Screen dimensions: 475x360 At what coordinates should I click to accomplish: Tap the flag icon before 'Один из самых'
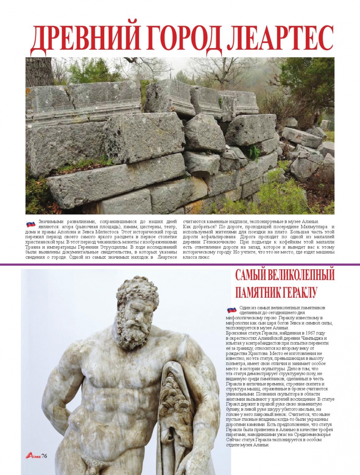click(x=232, y=309)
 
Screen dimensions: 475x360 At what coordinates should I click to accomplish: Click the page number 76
click(x=44, y=455)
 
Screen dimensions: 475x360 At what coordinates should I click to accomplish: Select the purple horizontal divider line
click(x=180, y=264)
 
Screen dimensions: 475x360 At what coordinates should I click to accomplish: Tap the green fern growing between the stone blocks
click(x=254, y=152)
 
